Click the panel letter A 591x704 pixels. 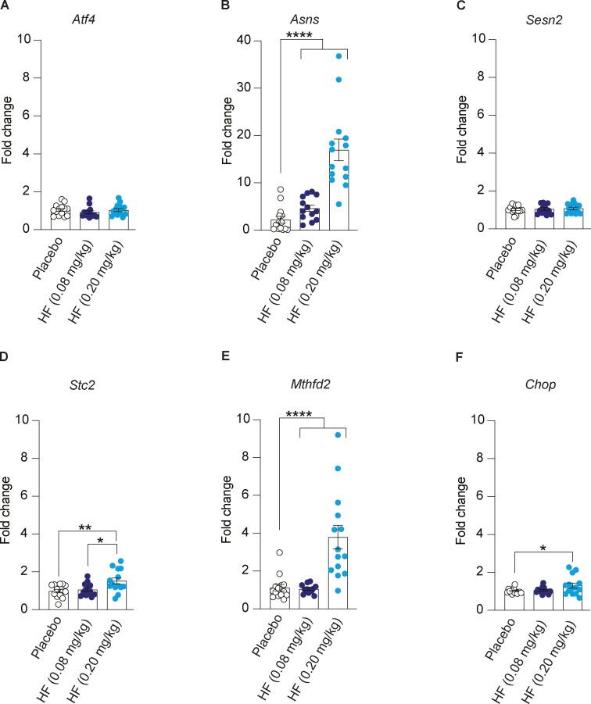click(x=5, y=5)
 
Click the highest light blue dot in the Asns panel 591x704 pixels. click(x=339, y=56)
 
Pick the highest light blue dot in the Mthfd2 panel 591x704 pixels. click(x=339, y=435)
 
